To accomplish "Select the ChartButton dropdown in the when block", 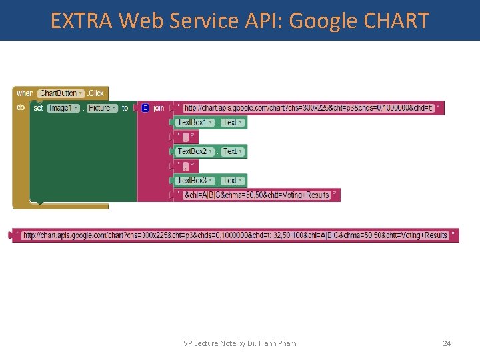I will (x=61, y=93).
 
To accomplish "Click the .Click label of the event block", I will (x=96, y=93).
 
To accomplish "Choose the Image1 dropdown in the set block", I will (x=64, y=107).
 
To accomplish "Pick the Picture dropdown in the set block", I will (x=101, y=107).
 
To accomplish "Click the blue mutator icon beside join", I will (x=145, y=107).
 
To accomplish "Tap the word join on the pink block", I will (x=159, y=107).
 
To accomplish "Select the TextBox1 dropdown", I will (x=195, y=123).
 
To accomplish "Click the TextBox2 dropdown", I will (x=195, y=151).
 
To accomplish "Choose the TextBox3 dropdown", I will (x=195, y=181).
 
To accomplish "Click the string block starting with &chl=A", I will (x=257, y=195).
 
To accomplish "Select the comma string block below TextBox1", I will (x=186, y=137).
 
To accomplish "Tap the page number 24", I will (x=447, y=343).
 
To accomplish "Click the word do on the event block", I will (x=21, y=107).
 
